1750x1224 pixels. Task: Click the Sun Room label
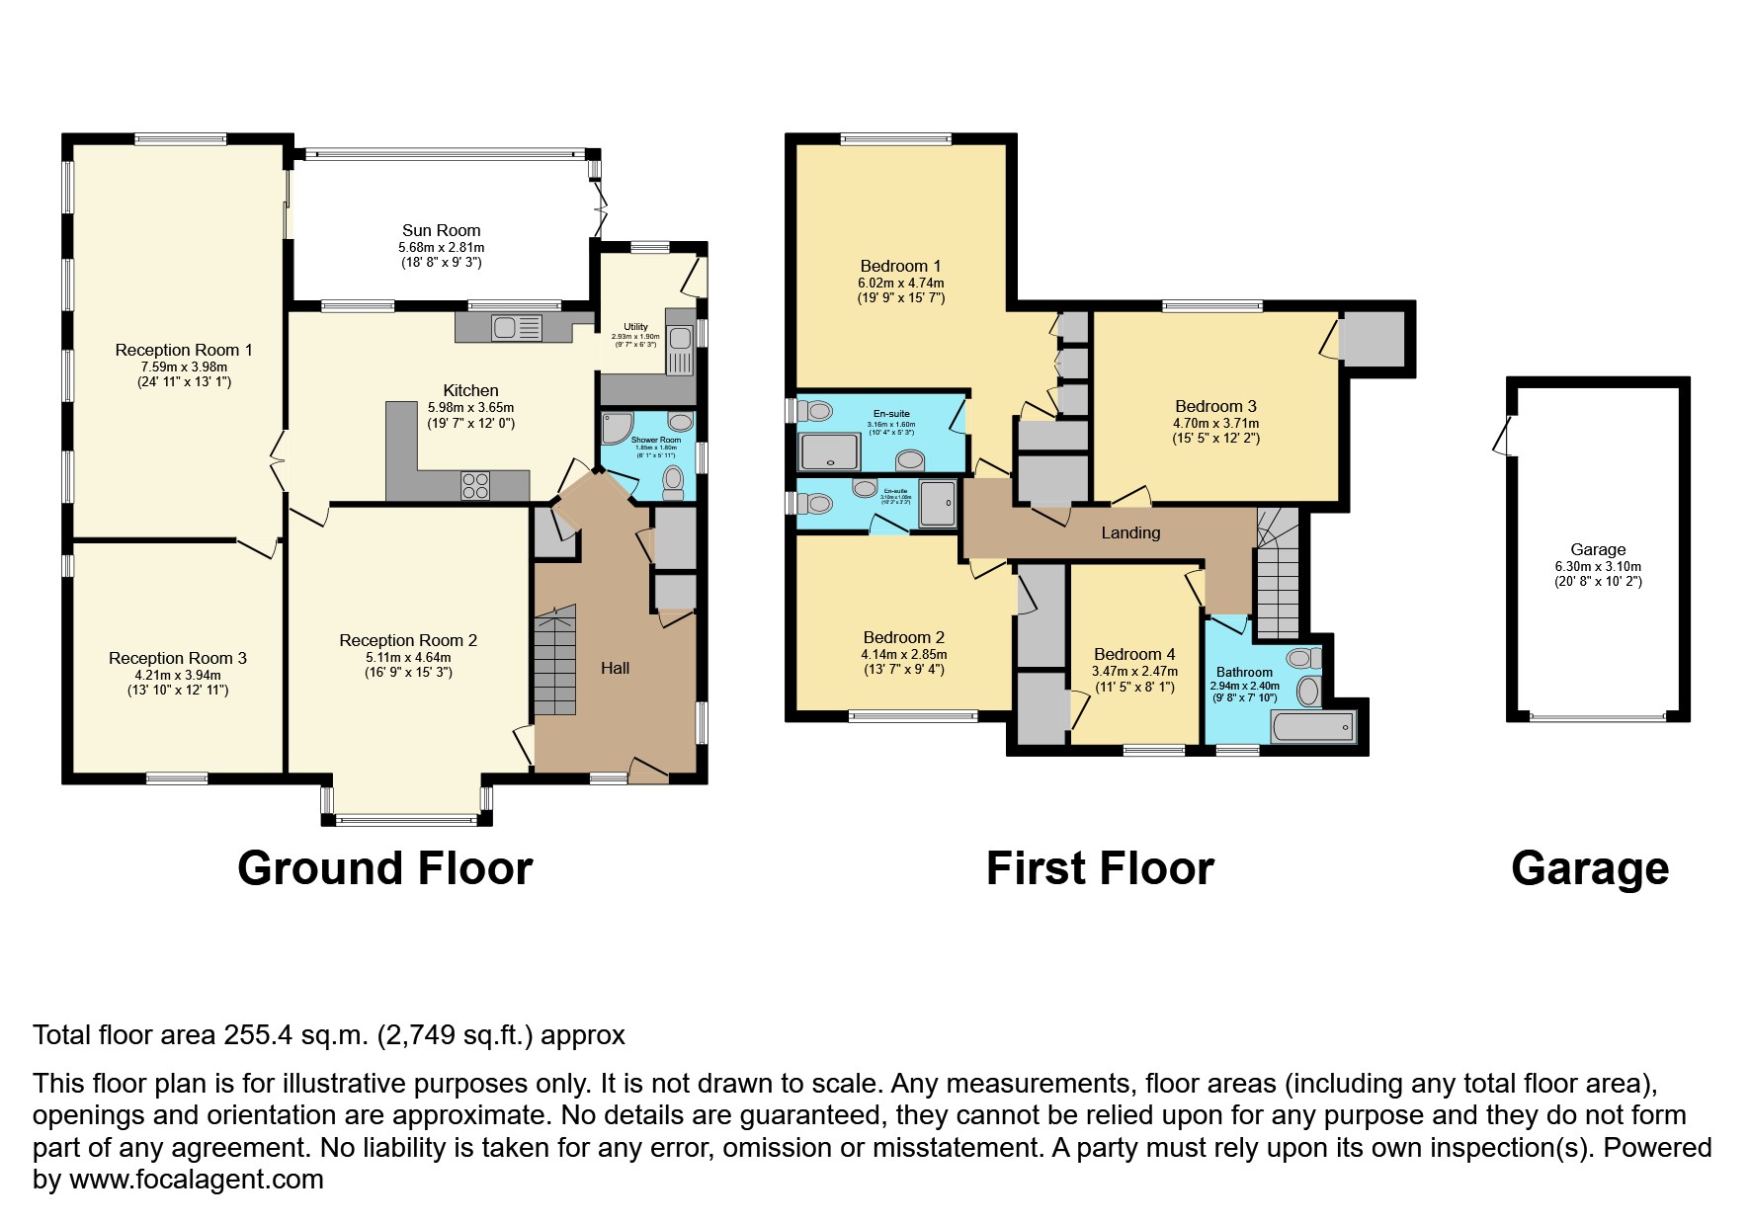coord(441,231)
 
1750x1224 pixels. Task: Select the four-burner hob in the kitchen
coord(475,485)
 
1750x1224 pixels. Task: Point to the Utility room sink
coord(680,351)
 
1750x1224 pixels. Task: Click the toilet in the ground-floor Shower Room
coord(674,482)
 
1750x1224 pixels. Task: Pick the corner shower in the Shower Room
coord(615,428)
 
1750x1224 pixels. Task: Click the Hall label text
coord(615,669)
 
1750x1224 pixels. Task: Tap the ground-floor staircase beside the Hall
coord(554,663)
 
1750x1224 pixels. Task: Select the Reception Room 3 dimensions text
coord(178,683)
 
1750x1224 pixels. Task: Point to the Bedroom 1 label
coord(900,266)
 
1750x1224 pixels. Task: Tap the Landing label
coord(1130,533)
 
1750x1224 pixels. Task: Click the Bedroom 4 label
coord(1134,654)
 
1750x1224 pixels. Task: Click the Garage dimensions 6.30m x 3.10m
coord(1597,567)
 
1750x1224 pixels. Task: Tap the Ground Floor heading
coord(384,868)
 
